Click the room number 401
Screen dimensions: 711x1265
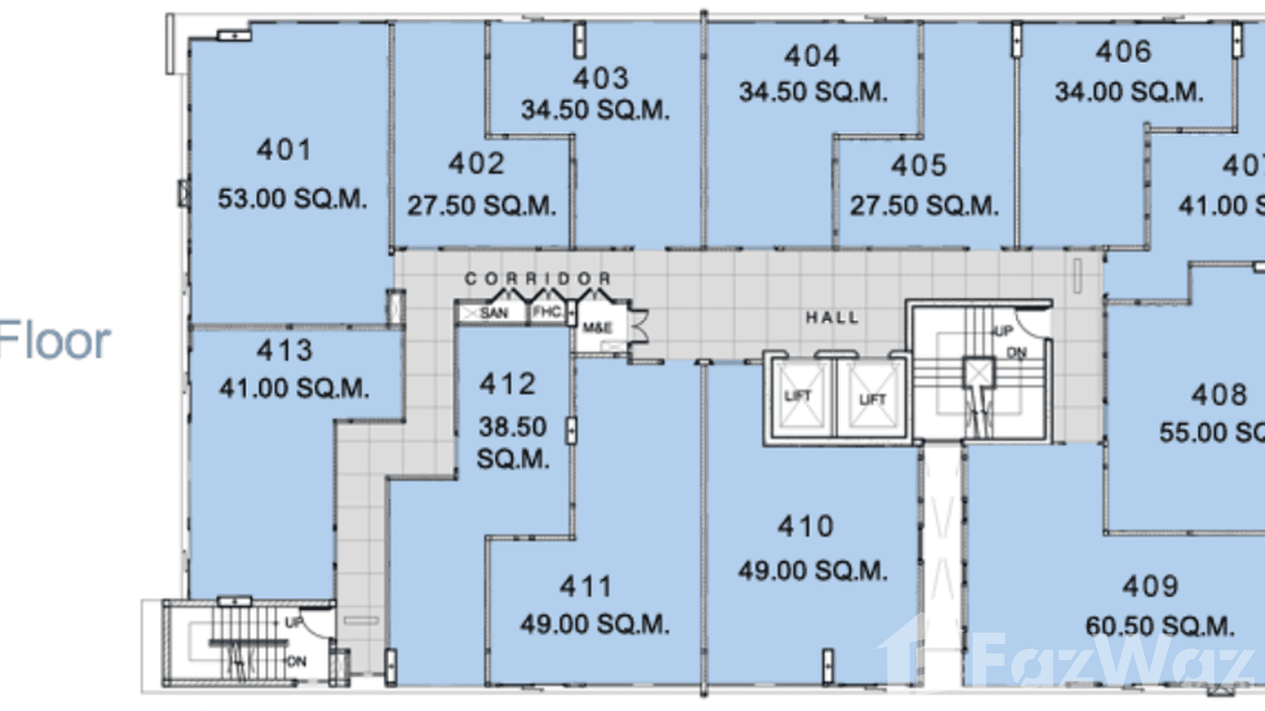(283, 150)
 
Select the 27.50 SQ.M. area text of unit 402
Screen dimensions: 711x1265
(482, 206)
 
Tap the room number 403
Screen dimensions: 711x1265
(600, 77)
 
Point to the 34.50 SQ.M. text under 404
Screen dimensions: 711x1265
(813, 92)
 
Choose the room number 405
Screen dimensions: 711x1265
(918, 166)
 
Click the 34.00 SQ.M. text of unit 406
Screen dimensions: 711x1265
(1128, 92)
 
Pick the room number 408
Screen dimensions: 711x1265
(1219, 394)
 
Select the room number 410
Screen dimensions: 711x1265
(805, 526)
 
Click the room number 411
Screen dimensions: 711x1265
(586, 587)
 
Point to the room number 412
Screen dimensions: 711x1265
(507, 384)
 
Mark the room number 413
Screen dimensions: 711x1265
(284, 351)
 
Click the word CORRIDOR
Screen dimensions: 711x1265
(537, 279)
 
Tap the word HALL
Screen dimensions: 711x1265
(831, 318)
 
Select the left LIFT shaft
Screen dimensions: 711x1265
(797, 398)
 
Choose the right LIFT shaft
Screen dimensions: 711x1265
(872, 399)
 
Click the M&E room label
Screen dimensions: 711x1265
(597, 327)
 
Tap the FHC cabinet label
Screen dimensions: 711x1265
(547, 311)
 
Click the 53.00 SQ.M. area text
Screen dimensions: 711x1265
(292, 200)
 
